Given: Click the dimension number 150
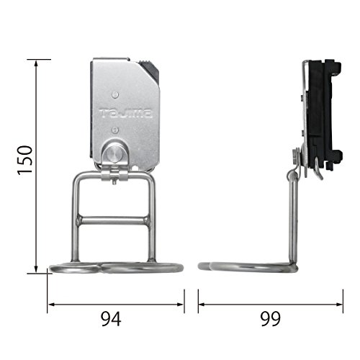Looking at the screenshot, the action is click(x=25, y=160).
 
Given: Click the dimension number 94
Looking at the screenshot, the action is click(x=111, y=319).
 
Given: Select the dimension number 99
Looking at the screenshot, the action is click(x=271, y=319).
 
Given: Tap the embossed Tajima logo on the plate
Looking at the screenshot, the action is click(x=126, y=113).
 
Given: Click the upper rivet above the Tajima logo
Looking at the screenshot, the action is click(x=115, y=95).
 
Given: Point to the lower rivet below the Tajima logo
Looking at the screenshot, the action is click(x=115, y=130).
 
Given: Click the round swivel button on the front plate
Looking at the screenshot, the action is click(x=114, y=153).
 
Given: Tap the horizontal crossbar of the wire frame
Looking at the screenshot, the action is click(x=114, y=220).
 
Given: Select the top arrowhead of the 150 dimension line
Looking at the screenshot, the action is click(x=36, y=65).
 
